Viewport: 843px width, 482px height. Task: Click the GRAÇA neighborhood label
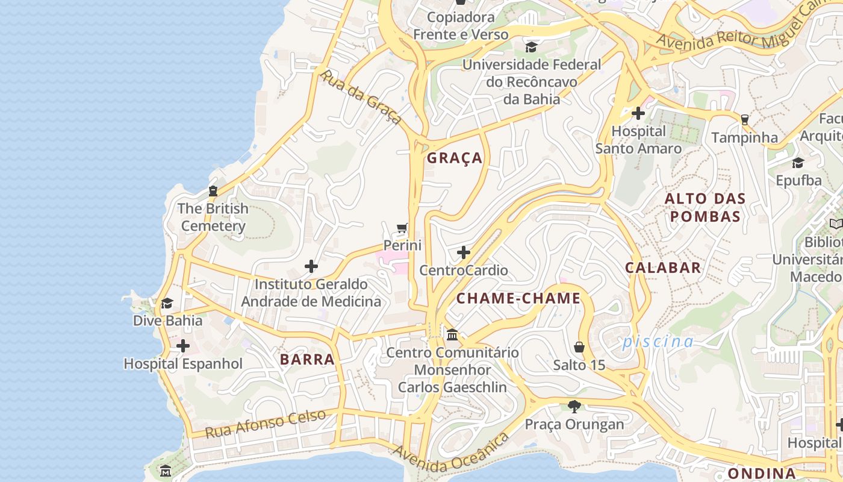coord(455,158)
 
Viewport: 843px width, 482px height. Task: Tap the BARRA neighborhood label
coord(307,360)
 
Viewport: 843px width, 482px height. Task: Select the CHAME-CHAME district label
coord(518,298)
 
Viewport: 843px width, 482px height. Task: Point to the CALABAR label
coord(663,268)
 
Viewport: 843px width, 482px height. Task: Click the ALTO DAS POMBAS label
coord(705,207)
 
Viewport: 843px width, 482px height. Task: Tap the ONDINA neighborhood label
coord(762,473)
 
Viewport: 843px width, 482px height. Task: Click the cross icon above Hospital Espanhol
coord(183,346)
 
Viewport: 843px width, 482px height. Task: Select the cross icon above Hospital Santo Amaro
coord(638,113)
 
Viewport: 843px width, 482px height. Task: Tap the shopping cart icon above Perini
coord(402,228)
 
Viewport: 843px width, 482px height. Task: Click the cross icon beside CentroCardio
coord(464,252)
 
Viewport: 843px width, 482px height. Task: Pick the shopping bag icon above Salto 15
coord(579,347)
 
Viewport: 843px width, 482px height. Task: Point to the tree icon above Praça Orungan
coord(574,407)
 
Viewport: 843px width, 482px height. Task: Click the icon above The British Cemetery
coord(213,191)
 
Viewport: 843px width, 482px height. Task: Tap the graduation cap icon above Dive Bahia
coord(167,303)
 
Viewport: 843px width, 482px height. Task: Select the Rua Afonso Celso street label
coord(266,424)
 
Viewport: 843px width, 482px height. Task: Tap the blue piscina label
coord(658,342)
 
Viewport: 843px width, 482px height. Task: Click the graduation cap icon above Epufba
coord(798,163)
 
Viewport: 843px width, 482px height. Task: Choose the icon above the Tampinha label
coord(745,119)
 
